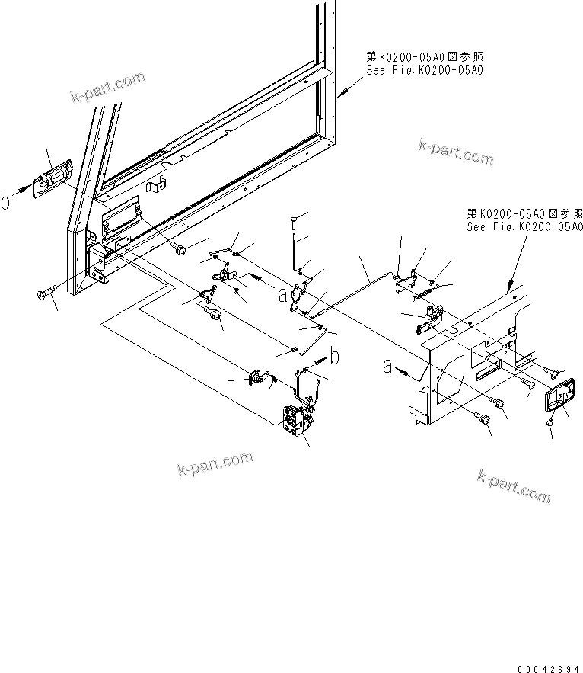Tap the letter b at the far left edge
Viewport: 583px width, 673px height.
(6, 202)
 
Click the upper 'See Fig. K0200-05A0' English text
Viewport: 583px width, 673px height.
(425, 69)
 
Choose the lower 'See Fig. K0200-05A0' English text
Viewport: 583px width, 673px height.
(524, 226)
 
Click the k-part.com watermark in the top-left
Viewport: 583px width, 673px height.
(107, 88)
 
